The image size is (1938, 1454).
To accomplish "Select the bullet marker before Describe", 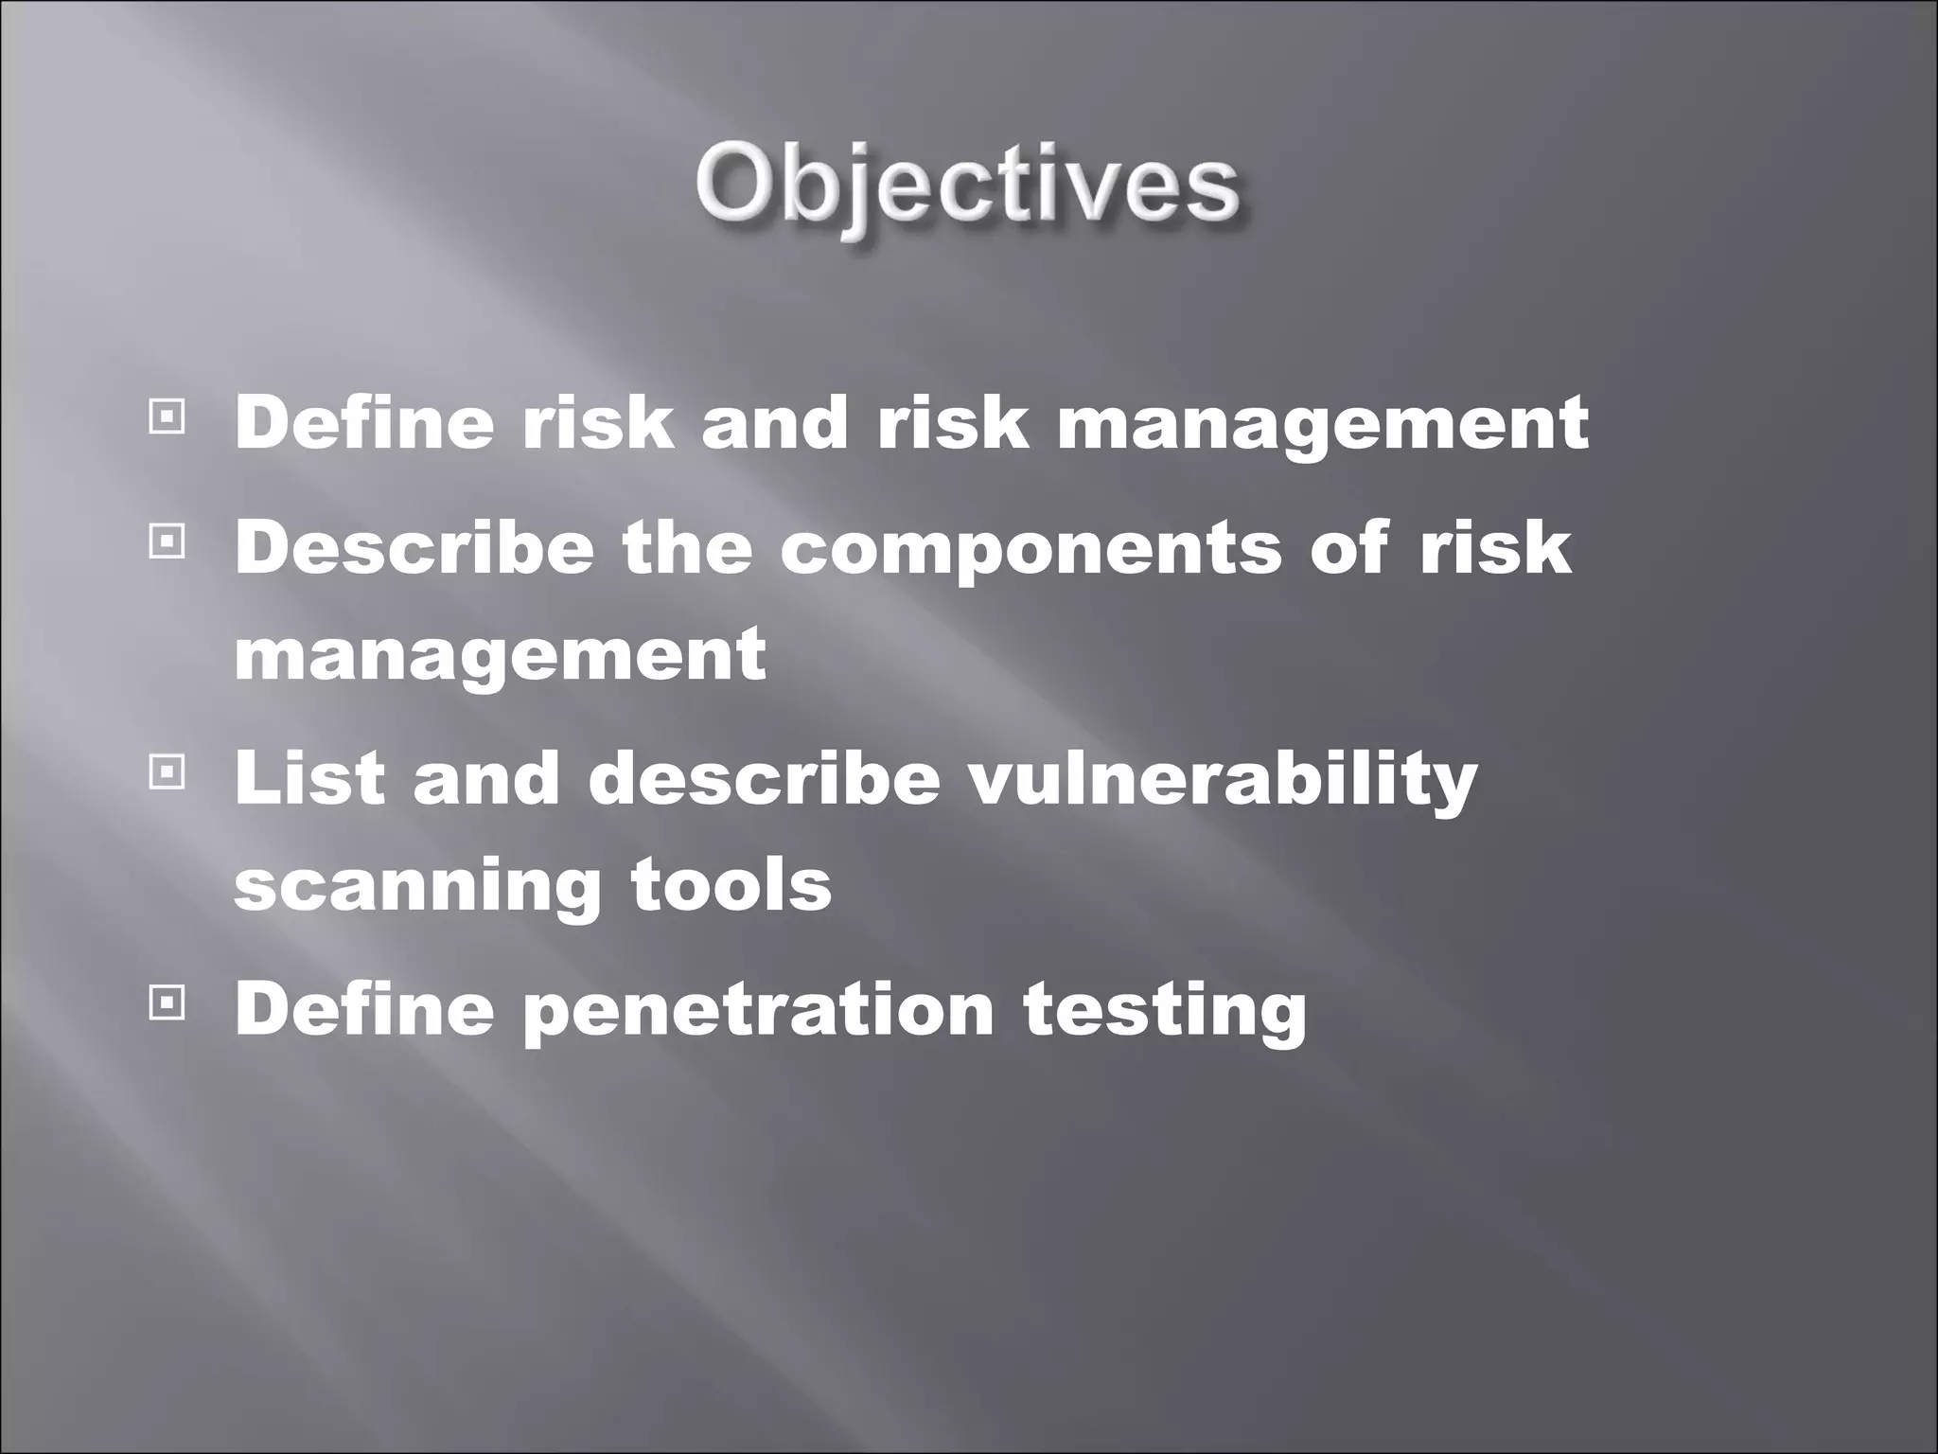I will click(167, 542).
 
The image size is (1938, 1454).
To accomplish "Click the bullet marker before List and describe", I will click(167, 773).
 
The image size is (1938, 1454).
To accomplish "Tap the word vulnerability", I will click(1223, 781).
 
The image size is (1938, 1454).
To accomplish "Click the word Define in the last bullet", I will click(363, 1008).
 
